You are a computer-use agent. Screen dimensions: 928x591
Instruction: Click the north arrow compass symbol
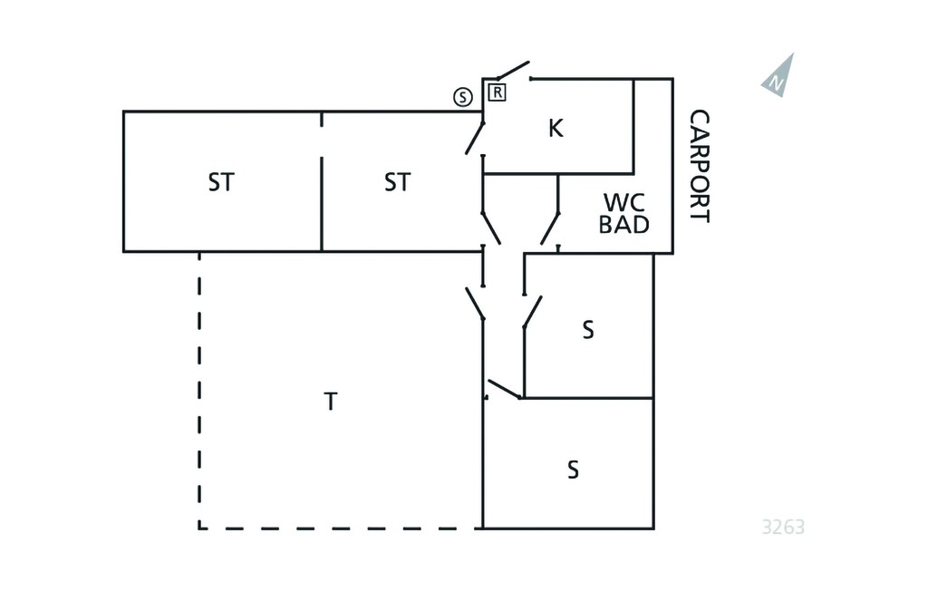(780, 77)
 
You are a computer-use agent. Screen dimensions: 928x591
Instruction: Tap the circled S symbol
(463, 96)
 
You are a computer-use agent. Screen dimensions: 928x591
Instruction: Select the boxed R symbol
(498, 92)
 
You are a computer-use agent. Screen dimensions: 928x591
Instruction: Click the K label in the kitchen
(556, 128)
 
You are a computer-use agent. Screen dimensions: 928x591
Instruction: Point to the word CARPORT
(700, 166)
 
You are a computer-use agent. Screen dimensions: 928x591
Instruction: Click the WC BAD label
(623, 213)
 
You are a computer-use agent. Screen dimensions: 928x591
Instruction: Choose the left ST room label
(221, 182)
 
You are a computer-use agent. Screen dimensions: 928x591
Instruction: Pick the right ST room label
(397, 182)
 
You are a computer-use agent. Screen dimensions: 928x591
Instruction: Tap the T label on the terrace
(331, 402)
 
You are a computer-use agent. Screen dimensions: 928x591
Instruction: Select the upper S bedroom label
(587, 331)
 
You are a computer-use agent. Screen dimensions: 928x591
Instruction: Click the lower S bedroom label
(573, 470)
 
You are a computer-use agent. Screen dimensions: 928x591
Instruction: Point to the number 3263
(783, 527)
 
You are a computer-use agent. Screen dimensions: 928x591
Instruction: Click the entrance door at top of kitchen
(513, 70)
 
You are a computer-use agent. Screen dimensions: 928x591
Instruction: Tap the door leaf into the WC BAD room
(550, 228)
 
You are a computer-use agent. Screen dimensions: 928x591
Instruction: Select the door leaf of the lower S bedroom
(503, 389)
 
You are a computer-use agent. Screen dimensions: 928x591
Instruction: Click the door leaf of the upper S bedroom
(533, 312)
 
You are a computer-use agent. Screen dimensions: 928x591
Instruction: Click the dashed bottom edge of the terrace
(341, 528)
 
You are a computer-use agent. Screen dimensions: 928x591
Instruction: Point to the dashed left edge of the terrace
(199, 391)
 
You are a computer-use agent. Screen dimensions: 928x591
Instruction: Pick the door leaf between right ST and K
(475, 138)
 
